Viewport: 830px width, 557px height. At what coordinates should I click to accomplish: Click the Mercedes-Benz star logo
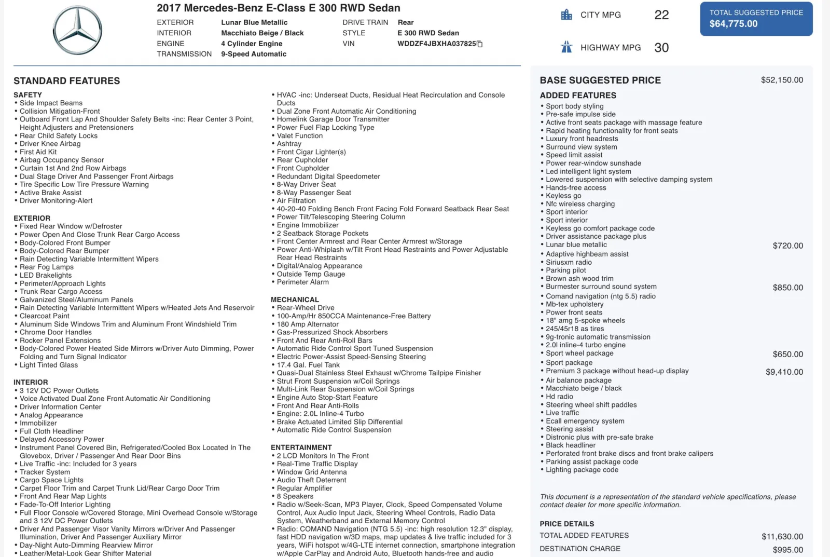(78, 31)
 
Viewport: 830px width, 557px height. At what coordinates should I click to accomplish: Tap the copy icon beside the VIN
(480, 44)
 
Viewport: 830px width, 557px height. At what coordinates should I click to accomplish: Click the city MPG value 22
(661, 15)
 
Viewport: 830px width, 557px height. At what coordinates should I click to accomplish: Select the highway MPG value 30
(661, 48)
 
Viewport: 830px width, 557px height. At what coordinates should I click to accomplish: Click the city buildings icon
(566, 15)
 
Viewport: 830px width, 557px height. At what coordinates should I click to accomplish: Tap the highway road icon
(566, 47)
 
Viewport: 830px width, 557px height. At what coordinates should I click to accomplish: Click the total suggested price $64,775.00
(734, 24)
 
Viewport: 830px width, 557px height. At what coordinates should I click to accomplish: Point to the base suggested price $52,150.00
(782, 80)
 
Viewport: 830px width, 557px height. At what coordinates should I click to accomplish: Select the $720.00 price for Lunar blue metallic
(787, 246)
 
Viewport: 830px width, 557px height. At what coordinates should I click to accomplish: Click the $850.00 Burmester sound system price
(787, 288)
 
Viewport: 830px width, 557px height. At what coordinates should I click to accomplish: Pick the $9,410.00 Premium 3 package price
(784, 372)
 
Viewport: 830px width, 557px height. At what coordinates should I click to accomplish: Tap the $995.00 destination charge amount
(787, 550)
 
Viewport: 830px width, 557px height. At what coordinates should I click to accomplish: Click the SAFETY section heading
(28, 95)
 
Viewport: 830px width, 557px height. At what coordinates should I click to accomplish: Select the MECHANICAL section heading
(295, 300)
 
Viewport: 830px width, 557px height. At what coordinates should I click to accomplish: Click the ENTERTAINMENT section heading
(301, 447)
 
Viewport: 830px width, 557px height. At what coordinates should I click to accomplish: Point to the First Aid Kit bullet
(38, 152)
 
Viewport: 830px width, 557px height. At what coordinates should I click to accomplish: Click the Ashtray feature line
(289, 144)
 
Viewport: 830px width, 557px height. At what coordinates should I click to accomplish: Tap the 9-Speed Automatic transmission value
(254, 54)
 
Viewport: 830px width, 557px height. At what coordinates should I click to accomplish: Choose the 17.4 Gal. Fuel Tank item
(308, 365)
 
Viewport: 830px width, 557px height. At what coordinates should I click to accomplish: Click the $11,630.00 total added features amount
(782, 536)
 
